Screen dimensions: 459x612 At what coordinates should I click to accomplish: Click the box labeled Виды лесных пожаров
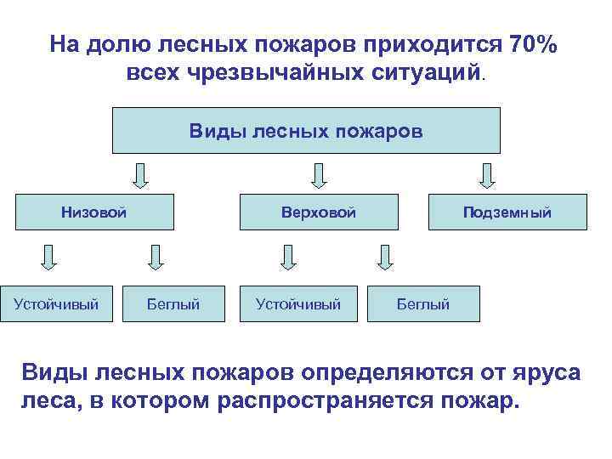306,131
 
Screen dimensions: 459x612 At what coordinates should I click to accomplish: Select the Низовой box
94,212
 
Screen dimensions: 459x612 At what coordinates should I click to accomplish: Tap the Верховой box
319,212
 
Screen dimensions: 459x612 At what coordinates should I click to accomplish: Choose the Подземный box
507,212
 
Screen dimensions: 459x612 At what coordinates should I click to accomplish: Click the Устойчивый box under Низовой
56,303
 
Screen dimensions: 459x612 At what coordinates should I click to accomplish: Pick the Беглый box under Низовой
174,303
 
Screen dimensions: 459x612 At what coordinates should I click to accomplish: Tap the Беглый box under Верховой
423,303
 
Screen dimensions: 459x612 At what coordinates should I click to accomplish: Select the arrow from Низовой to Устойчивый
49,256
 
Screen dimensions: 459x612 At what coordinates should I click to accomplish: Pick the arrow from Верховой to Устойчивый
289,256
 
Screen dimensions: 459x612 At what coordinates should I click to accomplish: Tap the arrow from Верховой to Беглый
386,256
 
